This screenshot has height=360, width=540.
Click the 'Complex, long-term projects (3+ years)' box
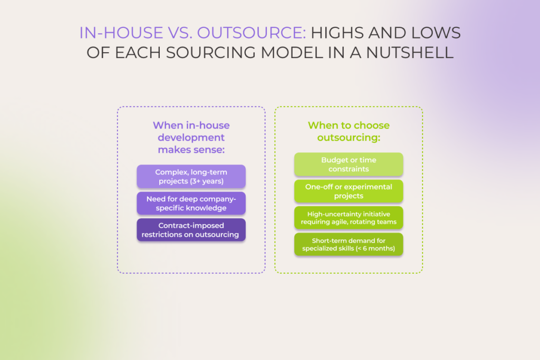click(x=191, y=177)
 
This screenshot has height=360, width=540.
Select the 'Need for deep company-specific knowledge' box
click(x=191, y=203)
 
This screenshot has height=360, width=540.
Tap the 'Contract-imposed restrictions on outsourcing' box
click(x=191, y=230)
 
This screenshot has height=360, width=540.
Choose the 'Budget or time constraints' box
click(x=349, y=164)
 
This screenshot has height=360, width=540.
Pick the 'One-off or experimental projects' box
click(x=349, y=191)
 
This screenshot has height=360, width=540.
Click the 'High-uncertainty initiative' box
click(x=349, y=218)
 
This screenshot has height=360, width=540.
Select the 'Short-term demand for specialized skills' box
click(x=349, y=245)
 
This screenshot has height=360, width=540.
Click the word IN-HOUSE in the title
click(x=121, y=33)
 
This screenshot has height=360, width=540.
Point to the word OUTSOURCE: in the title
click(x=252, y=33)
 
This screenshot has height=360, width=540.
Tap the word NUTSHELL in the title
click(x=410, y=53)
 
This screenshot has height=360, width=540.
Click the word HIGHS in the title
click(x=337, y=33)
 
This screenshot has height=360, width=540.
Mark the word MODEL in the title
click(x=292, y=53)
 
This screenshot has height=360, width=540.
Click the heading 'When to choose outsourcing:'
click(x=349, y=131)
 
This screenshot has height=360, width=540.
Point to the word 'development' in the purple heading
click(x=191, y=138)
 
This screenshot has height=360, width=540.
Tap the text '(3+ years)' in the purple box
click(x=207, y=181)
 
